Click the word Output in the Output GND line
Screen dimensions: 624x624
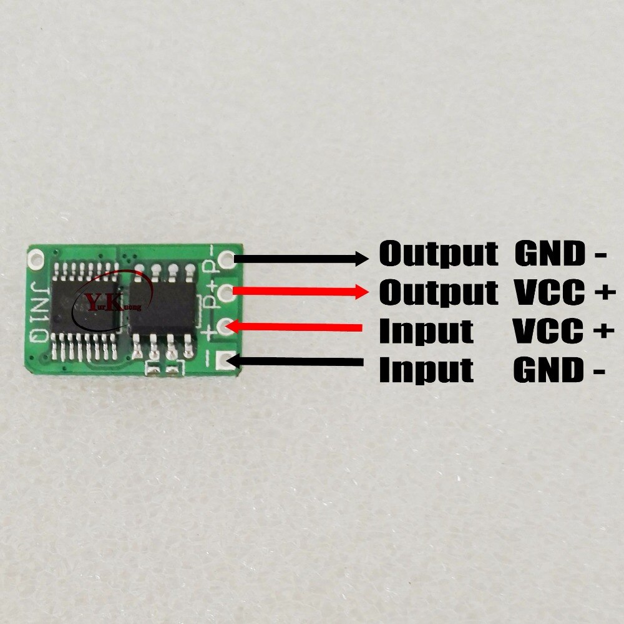(x=438, y=254)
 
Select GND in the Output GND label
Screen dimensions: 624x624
(x=550, y=254)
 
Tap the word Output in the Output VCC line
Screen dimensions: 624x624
(x=438, y=292)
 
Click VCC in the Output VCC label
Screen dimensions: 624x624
(x=550, y=292)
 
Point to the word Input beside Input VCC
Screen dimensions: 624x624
(x=426, y=330)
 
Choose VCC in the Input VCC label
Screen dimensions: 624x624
(x=548, y=330)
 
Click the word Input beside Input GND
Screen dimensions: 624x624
(x=426, y=369)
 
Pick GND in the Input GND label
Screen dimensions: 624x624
(x=548, y=370)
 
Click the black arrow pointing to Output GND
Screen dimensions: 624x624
(x=301, y=259)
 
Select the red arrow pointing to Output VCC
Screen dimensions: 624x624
(x=300, y=291)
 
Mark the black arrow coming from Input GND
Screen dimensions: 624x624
(x=295, y=362)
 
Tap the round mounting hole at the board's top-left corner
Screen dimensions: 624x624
(x=36, y=257)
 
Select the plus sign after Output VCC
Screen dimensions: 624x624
(x=605, y=292)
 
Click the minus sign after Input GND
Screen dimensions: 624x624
(x=599, y=372)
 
